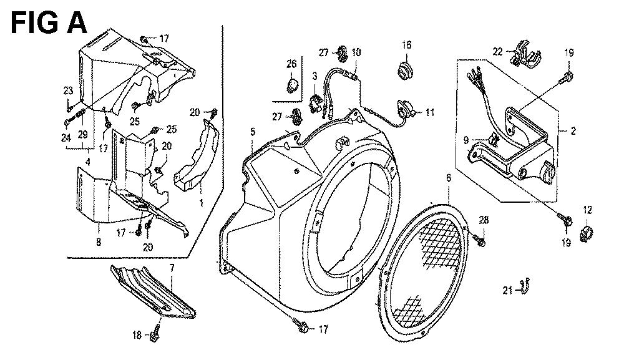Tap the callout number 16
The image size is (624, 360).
[x=407, y=45]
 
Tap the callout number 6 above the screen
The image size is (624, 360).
[x=447, y=179]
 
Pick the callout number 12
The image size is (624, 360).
[x=588, y=210]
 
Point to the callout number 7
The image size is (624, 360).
[x=171, y=268]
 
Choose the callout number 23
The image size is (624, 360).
[x=67, y=90]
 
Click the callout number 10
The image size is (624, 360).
[x=356, y=53]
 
